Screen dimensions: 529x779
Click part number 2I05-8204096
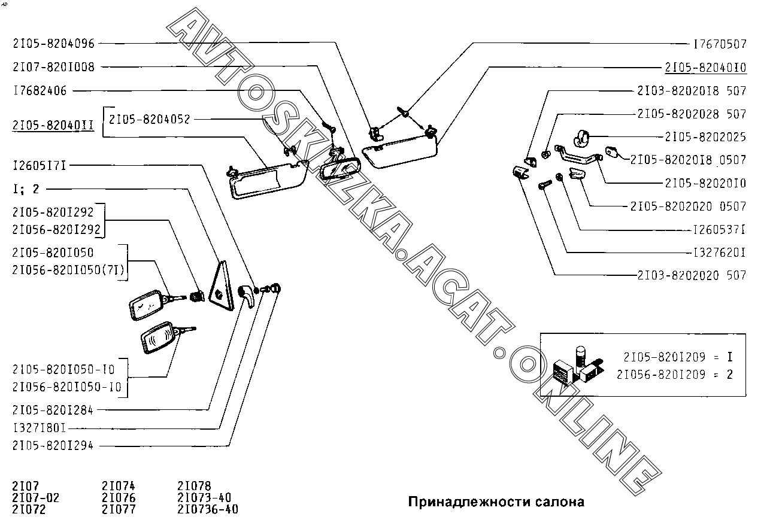click(x=53, y=43)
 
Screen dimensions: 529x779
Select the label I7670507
click(x=719, y=44)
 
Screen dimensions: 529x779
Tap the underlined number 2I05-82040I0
click(x=705, y=67)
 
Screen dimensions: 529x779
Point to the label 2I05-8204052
click(x=149, y=119)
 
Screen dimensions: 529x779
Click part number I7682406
click(x=40, y=90)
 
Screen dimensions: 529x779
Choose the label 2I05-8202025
click(x=705, y=137)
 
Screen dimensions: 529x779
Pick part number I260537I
click(x=719, y=229)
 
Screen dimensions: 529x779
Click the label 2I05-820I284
click(x=53, y=410)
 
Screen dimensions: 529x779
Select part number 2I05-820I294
click(x=53, y=445)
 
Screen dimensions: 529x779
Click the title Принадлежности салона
click(x=496, y=501)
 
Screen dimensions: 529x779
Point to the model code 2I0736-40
click(x=208, y=509)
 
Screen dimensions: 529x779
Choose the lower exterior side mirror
click(x=158, y=340)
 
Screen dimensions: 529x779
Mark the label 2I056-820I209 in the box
click(x=665, y=375)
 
